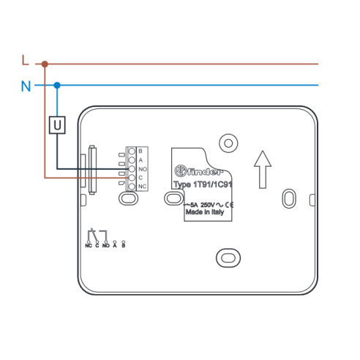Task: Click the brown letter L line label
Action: click(x=25, y=60)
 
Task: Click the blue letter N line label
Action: click(x=26, y=86)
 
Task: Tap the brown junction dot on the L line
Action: click(x=45, y=64)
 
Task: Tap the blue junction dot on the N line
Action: click(x=57, y=86)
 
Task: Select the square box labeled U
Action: click(x=57, y=125)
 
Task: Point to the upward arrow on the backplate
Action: click(x=263, y=170)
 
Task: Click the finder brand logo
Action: click(x=199, y=171)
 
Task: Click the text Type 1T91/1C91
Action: click(x=203, y=184)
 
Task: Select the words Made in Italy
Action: click(x=205, y=212)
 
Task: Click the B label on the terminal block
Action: click(x=140, y=151)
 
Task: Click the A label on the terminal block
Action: click(x=140, y=160)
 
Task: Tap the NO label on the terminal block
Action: click(x=143, y=169)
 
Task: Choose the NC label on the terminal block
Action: click(x=143, y=187)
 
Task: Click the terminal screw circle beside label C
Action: click(x=132, y=178)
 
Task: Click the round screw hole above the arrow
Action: click(x=228, y=143)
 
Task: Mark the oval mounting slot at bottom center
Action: click(x=228, y=258)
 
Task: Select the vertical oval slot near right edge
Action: click(x=289, y=198)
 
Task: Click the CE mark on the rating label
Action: click(x=229, y=205)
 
